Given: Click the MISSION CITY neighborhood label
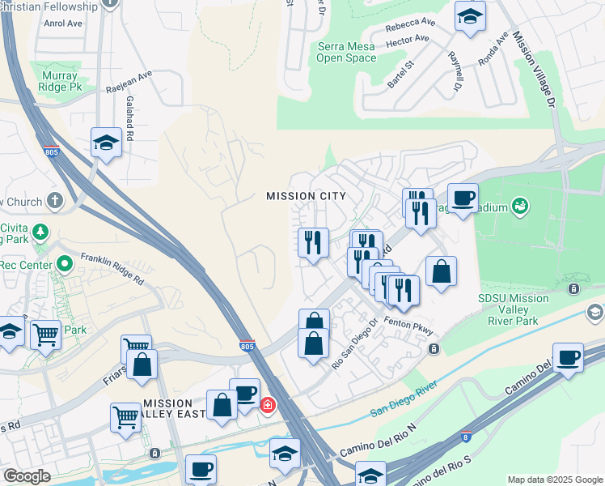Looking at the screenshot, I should click(307, 196).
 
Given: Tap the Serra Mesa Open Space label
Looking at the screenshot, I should click(345, 53).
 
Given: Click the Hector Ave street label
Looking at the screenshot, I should click(408, 40).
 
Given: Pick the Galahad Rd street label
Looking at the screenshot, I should click(129, 117).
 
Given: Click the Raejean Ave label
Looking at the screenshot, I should click(129, 82).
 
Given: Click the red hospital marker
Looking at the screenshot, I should click(267, 404).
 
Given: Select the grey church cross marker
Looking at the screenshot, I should click(55, 200).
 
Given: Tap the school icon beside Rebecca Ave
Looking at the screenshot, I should click(470, 15).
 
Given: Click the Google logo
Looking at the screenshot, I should click(27, 476).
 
